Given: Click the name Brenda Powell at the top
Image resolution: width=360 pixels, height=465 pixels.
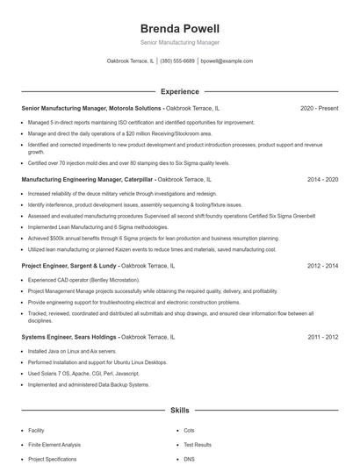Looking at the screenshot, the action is click(x=179, y=28).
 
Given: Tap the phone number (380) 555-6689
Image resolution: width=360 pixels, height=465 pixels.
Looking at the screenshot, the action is click(x=177, y=61).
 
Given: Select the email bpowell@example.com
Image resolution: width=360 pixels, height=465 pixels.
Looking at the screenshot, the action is click(x=227, y=61).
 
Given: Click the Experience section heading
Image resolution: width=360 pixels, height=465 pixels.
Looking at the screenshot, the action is click(x=179, y=91).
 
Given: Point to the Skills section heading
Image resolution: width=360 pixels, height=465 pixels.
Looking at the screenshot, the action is click(x=179, y=410).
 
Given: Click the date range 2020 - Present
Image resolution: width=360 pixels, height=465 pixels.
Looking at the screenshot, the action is click(x=319, y=108).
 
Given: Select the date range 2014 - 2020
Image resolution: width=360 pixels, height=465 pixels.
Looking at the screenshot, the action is click(x=322, y=179).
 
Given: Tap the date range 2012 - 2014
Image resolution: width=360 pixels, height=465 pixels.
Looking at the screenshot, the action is click(x=322, y=264).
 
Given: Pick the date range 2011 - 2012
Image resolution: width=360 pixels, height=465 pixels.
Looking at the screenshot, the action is click(x=322, y=336).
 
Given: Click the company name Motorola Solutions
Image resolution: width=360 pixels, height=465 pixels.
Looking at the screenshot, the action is click(x=137, y=108).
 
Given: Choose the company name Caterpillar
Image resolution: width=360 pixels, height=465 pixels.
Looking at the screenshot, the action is click(x=134, y=179).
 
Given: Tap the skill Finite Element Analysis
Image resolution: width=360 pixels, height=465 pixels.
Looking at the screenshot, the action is click(x=54, y=445).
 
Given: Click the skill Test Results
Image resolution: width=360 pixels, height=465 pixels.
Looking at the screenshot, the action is click(x=198, y=445).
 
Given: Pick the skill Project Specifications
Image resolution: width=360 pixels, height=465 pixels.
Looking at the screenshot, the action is click(x=53, y=459).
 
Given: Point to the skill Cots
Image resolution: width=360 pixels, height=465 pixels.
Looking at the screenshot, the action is click(x=189, y=431).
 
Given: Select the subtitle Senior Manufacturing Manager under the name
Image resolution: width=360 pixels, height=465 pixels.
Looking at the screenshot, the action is click(x=179, y=42).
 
